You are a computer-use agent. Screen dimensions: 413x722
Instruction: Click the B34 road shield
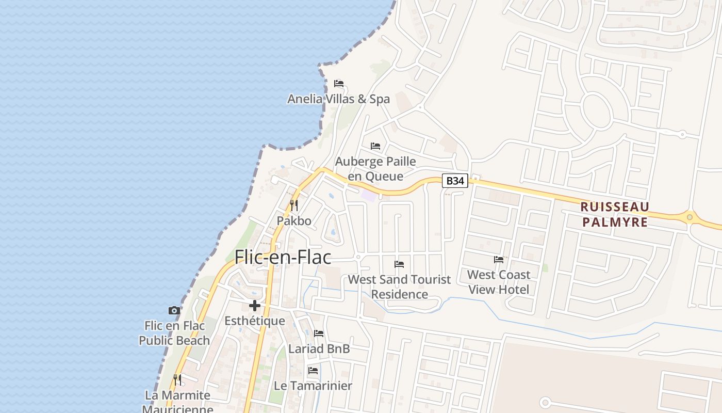tap(455, 181)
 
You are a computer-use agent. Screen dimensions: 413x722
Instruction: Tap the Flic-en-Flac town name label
tap(283, 257)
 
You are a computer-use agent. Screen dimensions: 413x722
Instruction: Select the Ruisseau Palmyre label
tap(614, 214)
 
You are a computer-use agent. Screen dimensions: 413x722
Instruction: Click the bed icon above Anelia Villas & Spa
tap(339, 83)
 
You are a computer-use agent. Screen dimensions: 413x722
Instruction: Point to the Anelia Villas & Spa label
tap(338, 99)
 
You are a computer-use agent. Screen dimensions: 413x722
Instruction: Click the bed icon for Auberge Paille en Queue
tap(375, 146)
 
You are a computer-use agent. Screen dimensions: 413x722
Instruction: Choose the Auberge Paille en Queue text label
tap(375, 169)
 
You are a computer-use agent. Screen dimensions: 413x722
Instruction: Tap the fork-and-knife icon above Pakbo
tap(294, 205)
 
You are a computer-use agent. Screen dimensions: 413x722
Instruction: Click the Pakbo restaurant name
tap(294, 221)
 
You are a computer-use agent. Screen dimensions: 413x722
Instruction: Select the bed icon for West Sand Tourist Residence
tap(399, 264)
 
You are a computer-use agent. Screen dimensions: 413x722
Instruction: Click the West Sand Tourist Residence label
tap(399, 287)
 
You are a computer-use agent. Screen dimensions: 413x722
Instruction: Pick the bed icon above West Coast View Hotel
tap(499, 260)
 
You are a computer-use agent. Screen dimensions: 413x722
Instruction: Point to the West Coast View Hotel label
tap(499, 282)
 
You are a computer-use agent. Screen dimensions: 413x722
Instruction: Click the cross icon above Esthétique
tap(255, 305)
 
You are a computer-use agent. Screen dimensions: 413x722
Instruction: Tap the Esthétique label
tap(255, 321)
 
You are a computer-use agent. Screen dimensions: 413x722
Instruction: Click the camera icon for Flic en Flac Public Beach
tap(174, 310)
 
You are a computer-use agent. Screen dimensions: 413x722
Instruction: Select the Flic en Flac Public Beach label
tap(174, 333)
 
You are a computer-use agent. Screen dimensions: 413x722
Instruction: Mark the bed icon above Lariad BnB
tap(319, 333)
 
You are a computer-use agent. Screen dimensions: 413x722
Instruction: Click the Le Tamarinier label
tap(313, 386)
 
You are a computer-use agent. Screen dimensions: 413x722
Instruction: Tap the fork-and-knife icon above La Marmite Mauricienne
tap(177, 380)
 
